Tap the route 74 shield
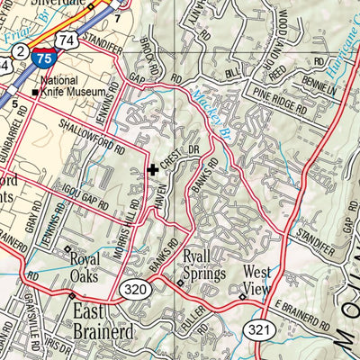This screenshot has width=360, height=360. (x=64, y=40)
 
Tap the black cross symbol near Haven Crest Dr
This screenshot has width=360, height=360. (x=153, y=168)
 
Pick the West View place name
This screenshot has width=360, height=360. (x=256, y=281)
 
